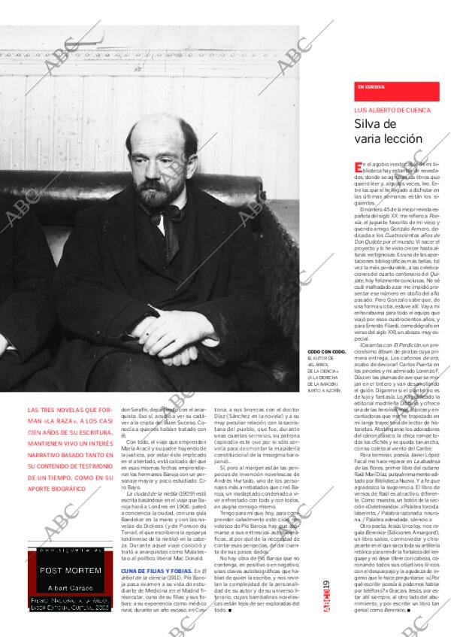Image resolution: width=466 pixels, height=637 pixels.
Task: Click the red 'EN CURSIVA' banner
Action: click(x=396, y=90)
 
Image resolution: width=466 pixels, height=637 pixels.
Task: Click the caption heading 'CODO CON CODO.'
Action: click(x=327, y=352)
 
